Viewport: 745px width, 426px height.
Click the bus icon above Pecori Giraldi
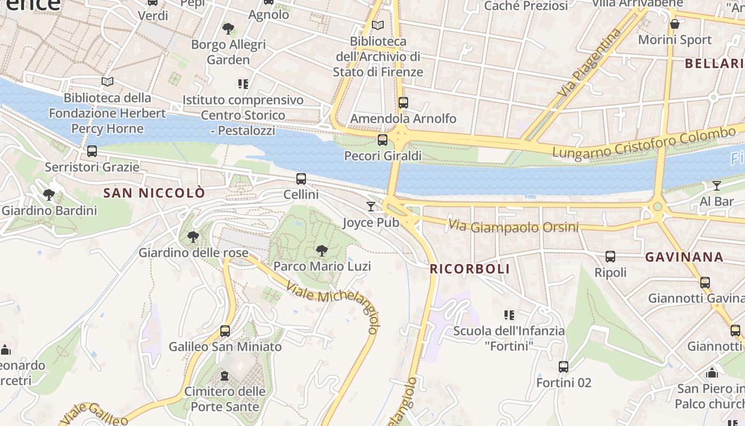(382, 140)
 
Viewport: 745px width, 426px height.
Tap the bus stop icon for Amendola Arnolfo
(403, 103)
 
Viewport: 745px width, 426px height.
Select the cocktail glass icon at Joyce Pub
(371, 206)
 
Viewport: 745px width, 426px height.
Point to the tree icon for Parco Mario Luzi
(321, 250)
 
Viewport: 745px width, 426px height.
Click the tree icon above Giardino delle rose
(193, 236)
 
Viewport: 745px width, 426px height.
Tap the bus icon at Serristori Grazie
(92, 151)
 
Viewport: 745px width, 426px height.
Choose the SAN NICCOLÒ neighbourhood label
(154, 193)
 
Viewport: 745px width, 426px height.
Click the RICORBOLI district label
(470, 269)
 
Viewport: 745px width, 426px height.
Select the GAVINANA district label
(684, 257)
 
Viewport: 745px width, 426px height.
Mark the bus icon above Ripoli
(610, 257)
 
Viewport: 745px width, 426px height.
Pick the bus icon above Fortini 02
(564, 367)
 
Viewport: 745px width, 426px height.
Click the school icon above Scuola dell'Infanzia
(509, 315)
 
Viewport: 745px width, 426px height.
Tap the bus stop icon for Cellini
(301, 179)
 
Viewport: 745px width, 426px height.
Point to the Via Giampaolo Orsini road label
(513, 226)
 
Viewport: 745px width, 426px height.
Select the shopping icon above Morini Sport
(675, 24)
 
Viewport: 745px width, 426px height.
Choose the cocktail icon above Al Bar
(717, 185)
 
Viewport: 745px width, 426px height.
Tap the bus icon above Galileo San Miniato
(225, 331)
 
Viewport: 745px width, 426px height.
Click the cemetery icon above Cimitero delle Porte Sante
(225, 376)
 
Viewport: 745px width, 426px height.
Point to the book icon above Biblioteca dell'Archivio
(378, 25)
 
